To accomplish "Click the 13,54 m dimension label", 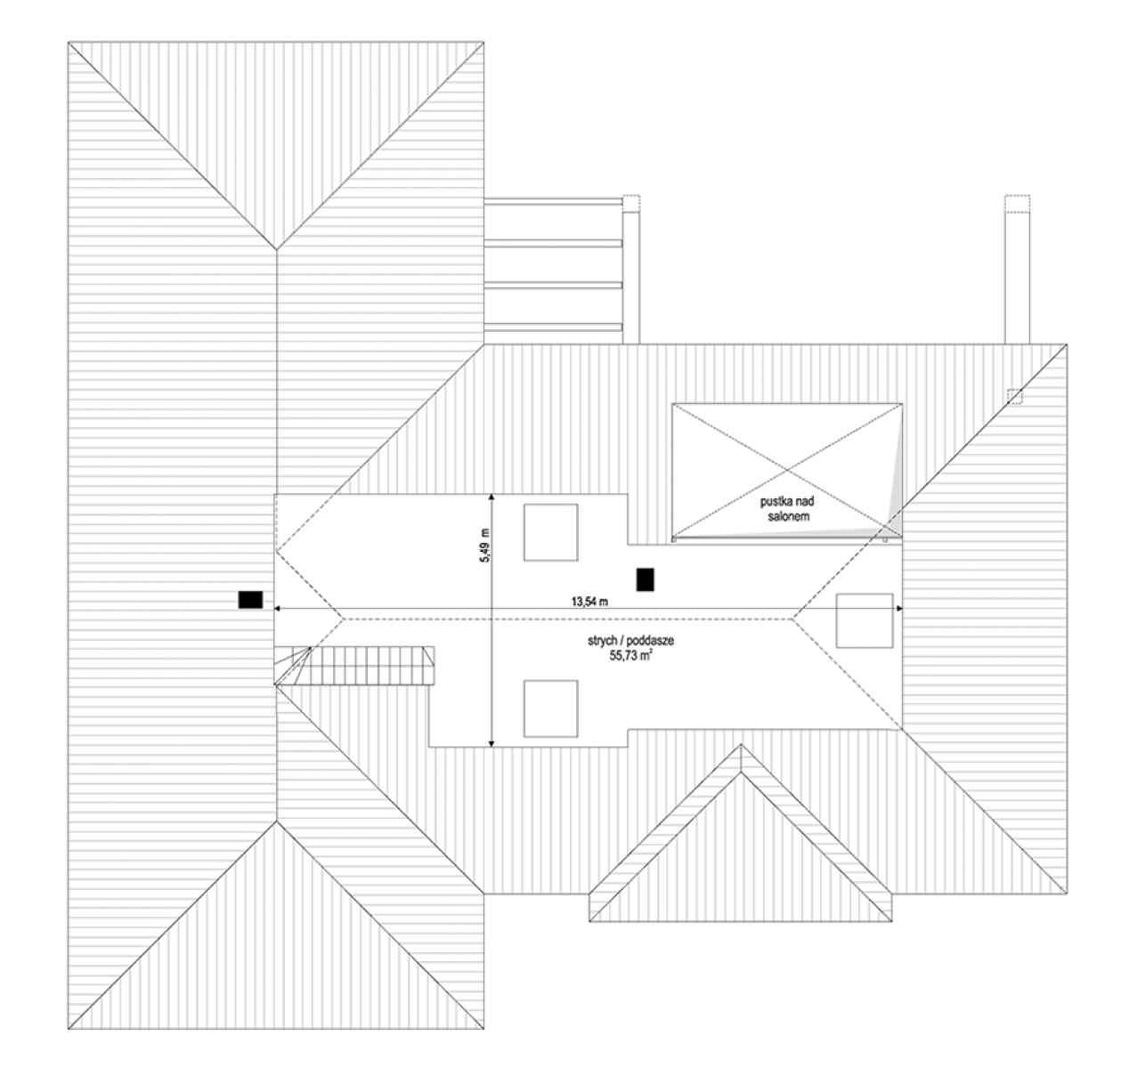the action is pyautogui.click(x=589, y=601).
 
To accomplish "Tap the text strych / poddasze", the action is pyautogui.click(x=630, y=641).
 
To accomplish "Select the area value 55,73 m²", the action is pyautogui.click(x=631, y=656).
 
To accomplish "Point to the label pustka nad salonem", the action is pyautogui.click(x=787, y=509).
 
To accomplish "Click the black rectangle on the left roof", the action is pyautogui.click(x=250, y=599).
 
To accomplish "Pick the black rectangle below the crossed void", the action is pyautogui.click(x=646, y=579).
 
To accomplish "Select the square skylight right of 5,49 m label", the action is pyautogui.click(x=551, y=532).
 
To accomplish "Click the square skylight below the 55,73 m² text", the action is pyautogui.click(x=551, y=708).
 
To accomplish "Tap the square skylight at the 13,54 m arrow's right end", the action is pyautogui.click(x=865, y=621).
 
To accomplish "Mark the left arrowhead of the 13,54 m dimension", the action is pyautogui.click(x=278, y=609).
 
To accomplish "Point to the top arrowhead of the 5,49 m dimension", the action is pyautogui.click(x=491, y=498).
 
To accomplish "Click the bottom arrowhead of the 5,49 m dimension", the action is pyautogui.click(x=491, y=743).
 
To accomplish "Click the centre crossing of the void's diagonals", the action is pyautogui.click(x=787, y=471).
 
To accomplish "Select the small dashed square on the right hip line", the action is pyautogui.click(x=1014, y=397).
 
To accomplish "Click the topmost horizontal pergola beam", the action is pyautogui.click(x=553, y=201).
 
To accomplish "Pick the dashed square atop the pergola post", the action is pyautogui.click(x=631, y=203).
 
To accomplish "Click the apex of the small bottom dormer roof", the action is pyautogui.click(x=741, y=745).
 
